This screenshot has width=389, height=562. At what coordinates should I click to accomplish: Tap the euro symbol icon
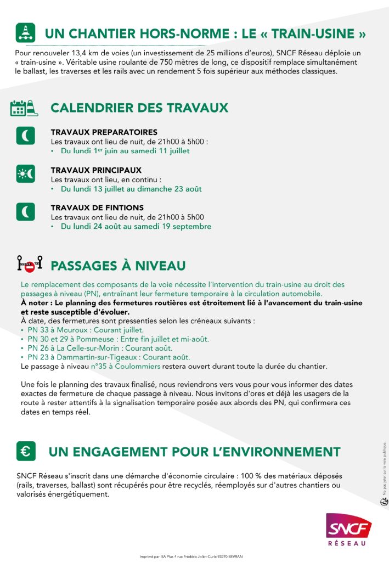pos(26,451)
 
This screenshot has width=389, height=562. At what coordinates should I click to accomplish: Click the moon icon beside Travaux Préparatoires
pos(25,135)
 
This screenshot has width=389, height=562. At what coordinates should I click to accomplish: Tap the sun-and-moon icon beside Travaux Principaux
pos(25,173)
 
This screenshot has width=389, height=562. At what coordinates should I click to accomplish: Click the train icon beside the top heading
pos(26,33)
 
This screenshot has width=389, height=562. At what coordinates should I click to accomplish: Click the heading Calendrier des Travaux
pos(139,108)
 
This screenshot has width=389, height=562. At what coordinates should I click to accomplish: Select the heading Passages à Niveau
pos(118,266)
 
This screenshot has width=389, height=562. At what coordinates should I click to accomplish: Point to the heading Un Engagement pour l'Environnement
pos(194,452)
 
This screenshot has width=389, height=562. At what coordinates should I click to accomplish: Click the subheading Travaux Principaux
pos(96,170)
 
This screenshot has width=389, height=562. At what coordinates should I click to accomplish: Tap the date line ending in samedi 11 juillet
pos(125,151)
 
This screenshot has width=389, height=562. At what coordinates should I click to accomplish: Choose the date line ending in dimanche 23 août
pos(131,189)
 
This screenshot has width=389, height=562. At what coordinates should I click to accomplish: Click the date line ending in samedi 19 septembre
pos(136,226)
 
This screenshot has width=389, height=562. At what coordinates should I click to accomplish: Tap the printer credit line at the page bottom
pos(195,556)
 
